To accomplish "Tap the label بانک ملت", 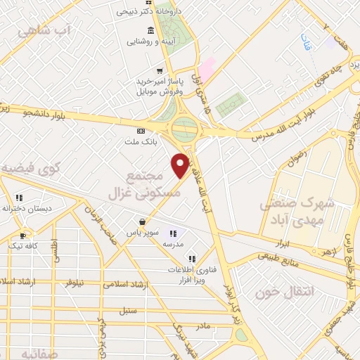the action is tap(143, 143).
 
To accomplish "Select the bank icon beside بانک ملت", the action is tap(141, 131).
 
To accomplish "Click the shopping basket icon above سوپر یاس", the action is tap(143, 221).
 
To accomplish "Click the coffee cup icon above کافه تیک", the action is tap(23, 236).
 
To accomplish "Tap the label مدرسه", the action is tap(174, 243).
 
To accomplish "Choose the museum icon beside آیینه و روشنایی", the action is tap(150, 30).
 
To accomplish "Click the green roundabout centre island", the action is tap(185, 129).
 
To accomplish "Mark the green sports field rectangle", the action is tap(228, 105).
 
